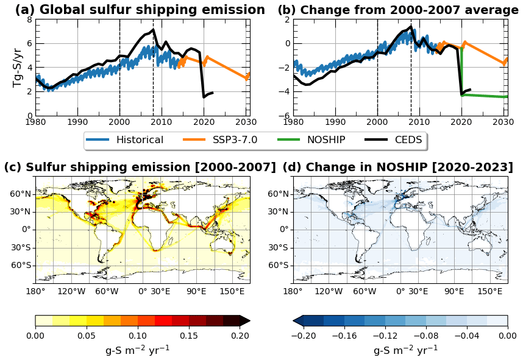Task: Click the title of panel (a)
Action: pos(140,10)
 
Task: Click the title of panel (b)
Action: pos(398,10)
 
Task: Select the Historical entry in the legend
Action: pos(140,139)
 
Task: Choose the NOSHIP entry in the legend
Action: pos(326,139)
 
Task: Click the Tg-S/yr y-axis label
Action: pos(18,68)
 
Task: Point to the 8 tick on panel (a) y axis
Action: pos(29,19)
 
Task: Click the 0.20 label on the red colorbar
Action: pos(240,334)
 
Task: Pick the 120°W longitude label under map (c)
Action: pos(71,291)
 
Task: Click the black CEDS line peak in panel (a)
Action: pos(153,30)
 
